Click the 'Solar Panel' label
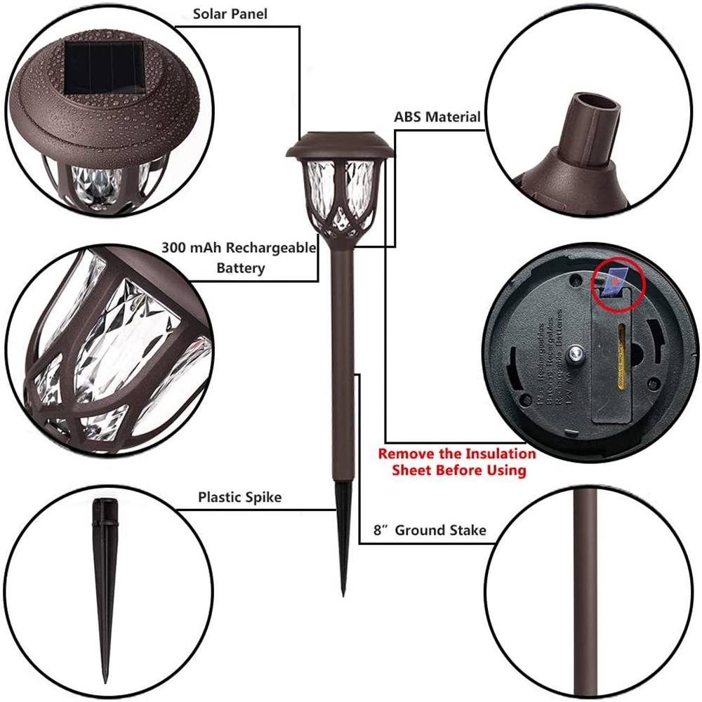coord(230,13)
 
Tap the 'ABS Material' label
coord(437,117)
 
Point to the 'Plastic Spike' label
coord(239,498)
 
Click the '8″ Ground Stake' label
coord(430,530)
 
